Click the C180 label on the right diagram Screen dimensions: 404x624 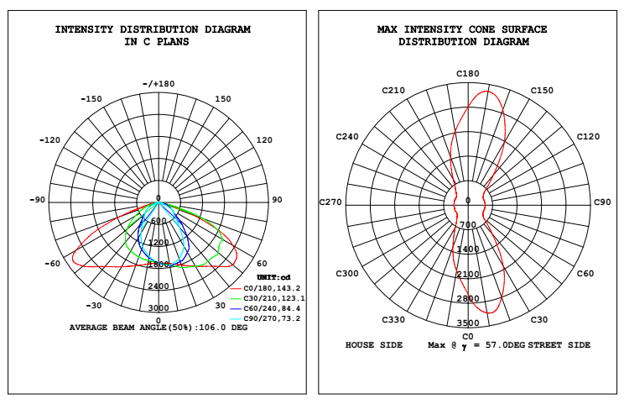[x=468, y=75]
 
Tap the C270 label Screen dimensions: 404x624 [x=331, y=202]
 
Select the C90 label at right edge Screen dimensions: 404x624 [x=602, y=202]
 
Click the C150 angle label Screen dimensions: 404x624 [x=542, y=91]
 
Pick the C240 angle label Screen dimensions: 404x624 [x=346, y=137]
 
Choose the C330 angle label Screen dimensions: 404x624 [x=393, y=320]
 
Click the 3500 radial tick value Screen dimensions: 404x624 [x=468, y=323]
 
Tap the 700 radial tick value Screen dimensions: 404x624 [x=468, y=225]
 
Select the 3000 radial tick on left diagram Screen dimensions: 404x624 [x=159, y=308]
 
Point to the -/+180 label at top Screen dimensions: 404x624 [x=159, y=84]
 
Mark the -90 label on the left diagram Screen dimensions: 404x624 [x=38, y=200]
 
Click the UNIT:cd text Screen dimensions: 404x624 [x=273, y=277]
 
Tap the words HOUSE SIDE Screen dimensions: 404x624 [x=374, y=345]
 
